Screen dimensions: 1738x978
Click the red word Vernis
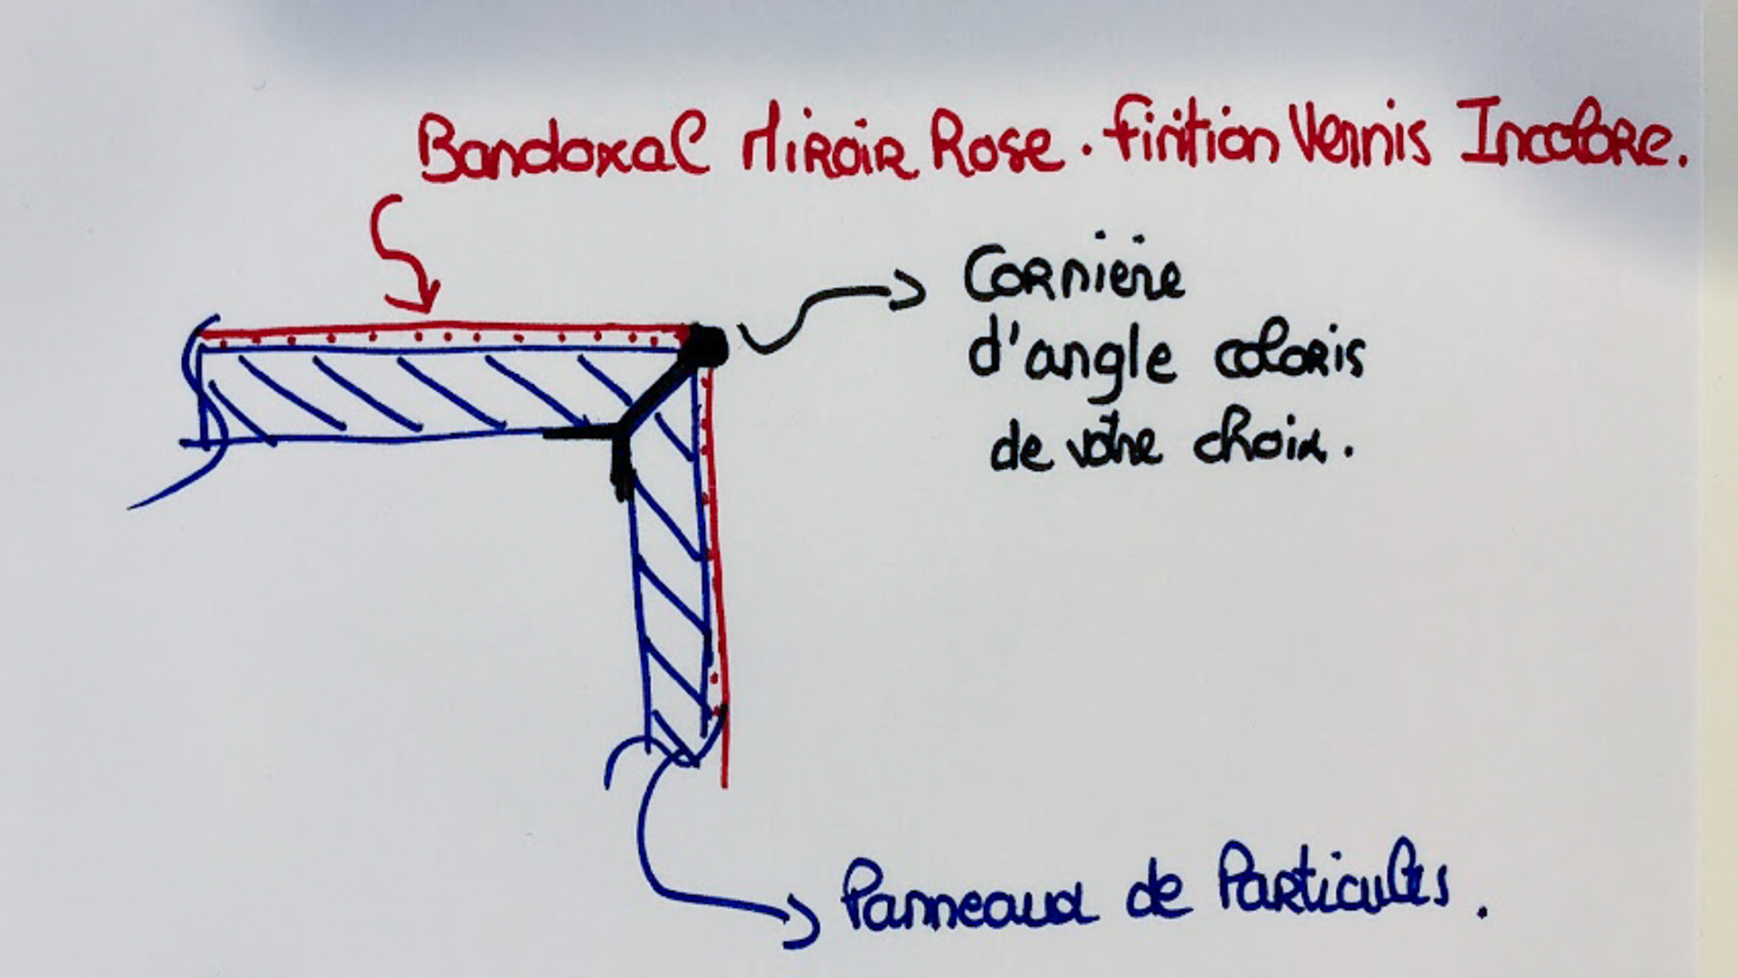(1358, 139)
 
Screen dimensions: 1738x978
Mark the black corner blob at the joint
(708, 346)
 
